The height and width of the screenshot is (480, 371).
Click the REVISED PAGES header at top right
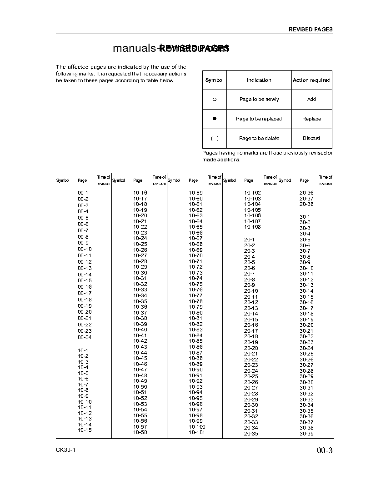(311, 30)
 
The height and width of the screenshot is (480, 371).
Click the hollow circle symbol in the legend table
(215, 100)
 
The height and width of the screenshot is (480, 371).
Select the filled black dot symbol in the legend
(215, 118)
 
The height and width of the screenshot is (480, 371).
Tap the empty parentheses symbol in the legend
(215, 138)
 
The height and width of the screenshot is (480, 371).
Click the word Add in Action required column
(311, 99)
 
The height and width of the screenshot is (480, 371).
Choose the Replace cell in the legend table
(311, 119)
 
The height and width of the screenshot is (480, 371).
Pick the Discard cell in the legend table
(311, 138)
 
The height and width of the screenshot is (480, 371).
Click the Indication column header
(259, 80)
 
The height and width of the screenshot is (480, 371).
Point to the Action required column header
(311, 80)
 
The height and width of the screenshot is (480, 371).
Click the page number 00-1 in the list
(83, 193)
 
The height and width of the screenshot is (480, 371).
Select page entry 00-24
(84, 337)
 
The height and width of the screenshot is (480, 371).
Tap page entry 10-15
(84, 430)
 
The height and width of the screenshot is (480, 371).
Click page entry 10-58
(140, 432)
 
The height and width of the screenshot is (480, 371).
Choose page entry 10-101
(197, 432)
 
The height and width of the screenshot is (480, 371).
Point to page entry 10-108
(252, 227)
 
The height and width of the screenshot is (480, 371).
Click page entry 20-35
(251, 434)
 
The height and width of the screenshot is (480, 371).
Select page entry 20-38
(306, 204)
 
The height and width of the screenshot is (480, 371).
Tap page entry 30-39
(306, 434)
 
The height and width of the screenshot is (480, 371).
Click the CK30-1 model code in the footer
(65, 450)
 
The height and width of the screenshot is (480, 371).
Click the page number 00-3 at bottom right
(325, 451)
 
